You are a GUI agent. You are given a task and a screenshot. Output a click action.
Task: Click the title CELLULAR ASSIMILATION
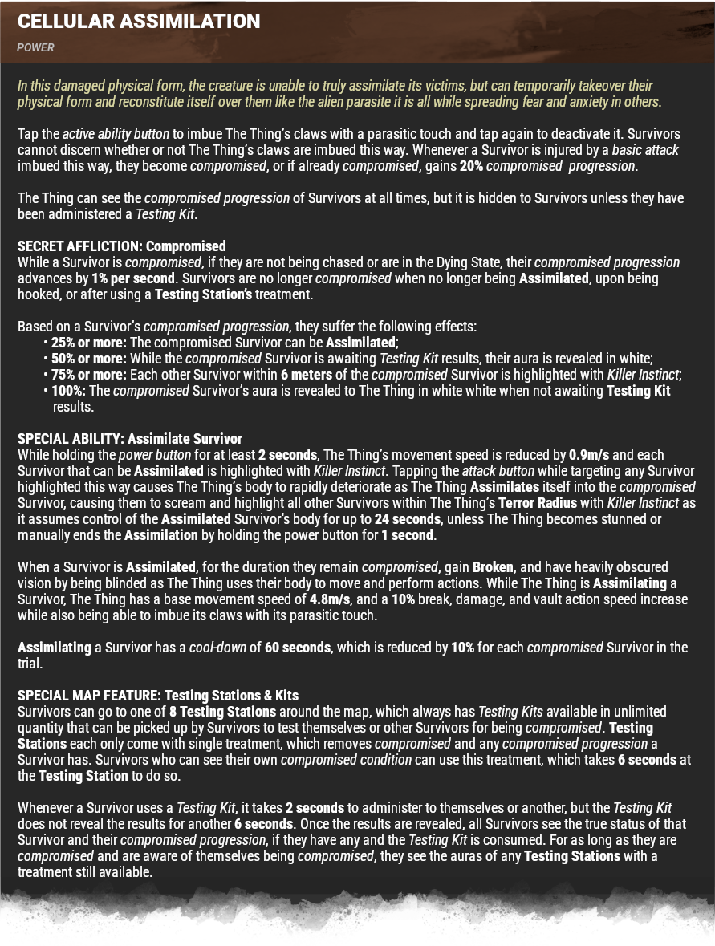[x=139, y=22]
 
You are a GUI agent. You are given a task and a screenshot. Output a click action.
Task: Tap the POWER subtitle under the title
[x=35, y=47]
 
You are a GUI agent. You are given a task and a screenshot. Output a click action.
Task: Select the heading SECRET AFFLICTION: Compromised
[x=122, y=246]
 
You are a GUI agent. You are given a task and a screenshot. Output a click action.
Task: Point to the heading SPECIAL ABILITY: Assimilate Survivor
[x=130, y=439]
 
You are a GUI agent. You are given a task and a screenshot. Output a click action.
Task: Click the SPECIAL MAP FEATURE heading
[x=158, y=696]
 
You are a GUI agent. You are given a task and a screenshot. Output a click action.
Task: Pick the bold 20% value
[x=471, y=166]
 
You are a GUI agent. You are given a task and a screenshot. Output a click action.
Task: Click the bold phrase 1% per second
[x=134, y=278]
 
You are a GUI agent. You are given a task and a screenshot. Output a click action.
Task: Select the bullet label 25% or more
[x=88, y=343]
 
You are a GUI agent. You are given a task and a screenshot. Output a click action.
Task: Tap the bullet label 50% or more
[x=88, y=359]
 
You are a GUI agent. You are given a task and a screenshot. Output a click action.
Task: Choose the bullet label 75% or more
[x=88, y=375]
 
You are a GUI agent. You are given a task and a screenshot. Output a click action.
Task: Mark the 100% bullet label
[x=69, y=391]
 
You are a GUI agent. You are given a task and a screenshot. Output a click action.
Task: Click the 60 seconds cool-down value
[x=297, y=648]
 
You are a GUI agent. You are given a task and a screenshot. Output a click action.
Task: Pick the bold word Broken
[x=493, y=567]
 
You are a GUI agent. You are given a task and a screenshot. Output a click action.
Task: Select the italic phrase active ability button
[x=116, y=134]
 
